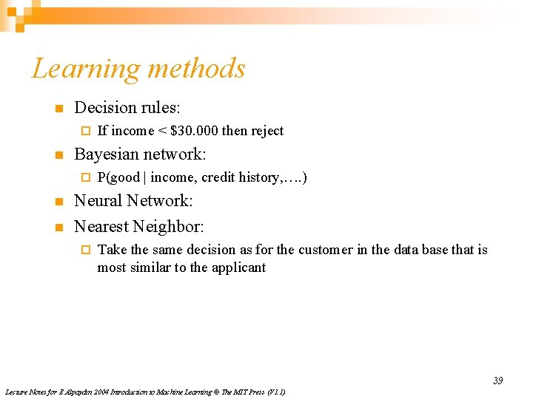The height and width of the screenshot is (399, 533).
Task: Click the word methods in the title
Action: [x=195, y=69]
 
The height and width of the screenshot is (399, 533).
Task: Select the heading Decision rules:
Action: [x=127, y=108]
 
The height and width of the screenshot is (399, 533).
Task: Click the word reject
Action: [x=267, y=131]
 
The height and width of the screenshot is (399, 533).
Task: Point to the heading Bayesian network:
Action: [x=140, y=154]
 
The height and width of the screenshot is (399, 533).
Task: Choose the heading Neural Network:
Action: [x=133, y=201]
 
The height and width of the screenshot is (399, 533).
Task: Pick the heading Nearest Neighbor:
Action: [x=139, y=226]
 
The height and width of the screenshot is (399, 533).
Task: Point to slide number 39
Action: [x=497, y=381]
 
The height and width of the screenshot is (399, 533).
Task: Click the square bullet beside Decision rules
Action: [x=58, y=109]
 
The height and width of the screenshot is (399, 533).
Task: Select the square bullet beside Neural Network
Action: [x=58, y=202]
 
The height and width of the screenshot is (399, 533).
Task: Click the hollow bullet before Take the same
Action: [x=84, y=250]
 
